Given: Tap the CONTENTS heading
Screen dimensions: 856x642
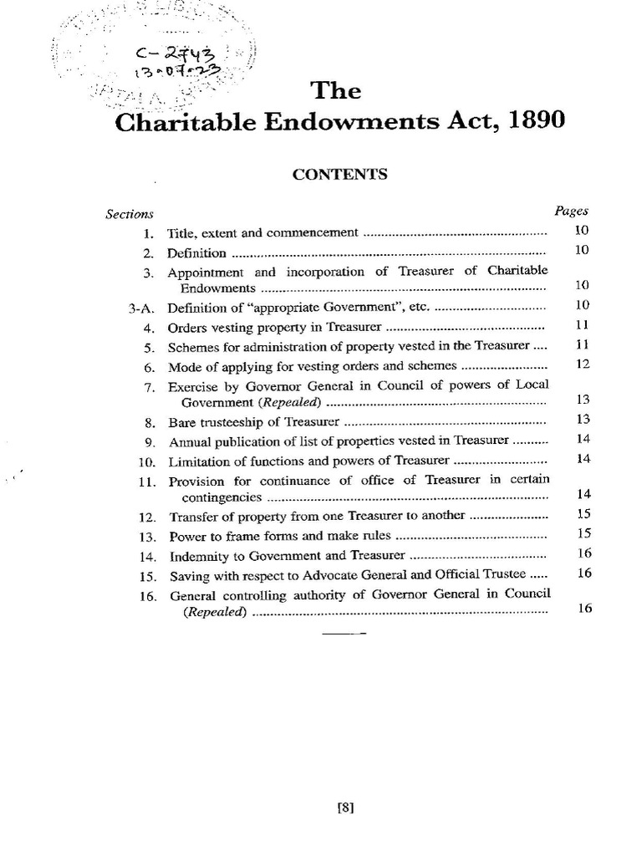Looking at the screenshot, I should coord(339,174).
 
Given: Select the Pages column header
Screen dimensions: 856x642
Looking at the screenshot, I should coord(573,211).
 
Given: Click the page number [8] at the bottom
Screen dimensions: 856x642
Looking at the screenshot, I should coord(344,808).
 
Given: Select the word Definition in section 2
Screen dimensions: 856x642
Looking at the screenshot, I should coord(197,252).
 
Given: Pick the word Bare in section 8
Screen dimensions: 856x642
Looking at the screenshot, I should coord(182,422).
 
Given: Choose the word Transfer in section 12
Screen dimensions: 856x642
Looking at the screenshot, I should coord(194,516).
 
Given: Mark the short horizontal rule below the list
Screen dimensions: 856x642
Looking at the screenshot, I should coord(344,634).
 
